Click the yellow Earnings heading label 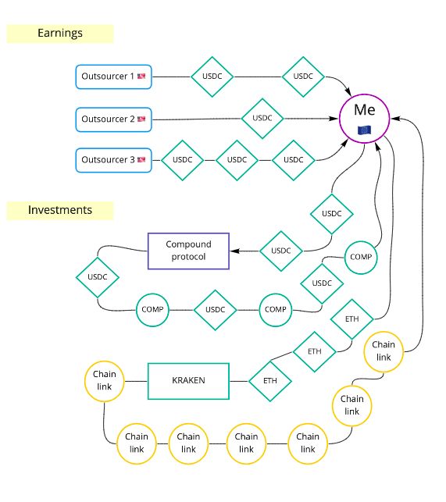(60, 34)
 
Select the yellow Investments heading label (60, 210)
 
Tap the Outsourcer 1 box (113, 77)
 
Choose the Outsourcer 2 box (113, 119)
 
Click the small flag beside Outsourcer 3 (141, 159)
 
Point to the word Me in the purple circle (365, 110)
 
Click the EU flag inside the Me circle (364, 130)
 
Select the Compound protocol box (188, 251)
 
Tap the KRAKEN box (188, 381)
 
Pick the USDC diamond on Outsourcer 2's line (262, 119)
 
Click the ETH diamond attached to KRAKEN (270, 381)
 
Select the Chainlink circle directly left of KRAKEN (105, 381)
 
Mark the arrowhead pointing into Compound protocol (234, 251)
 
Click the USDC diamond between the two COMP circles (216, 310)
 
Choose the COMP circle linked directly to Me (361, 257)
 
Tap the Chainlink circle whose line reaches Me (384, 351)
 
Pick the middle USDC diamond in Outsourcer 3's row (237, 160)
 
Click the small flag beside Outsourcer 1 (141, 77)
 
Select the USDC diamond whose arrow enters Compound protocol (281, 251)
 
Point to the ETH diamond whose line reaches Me (351, 319)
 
